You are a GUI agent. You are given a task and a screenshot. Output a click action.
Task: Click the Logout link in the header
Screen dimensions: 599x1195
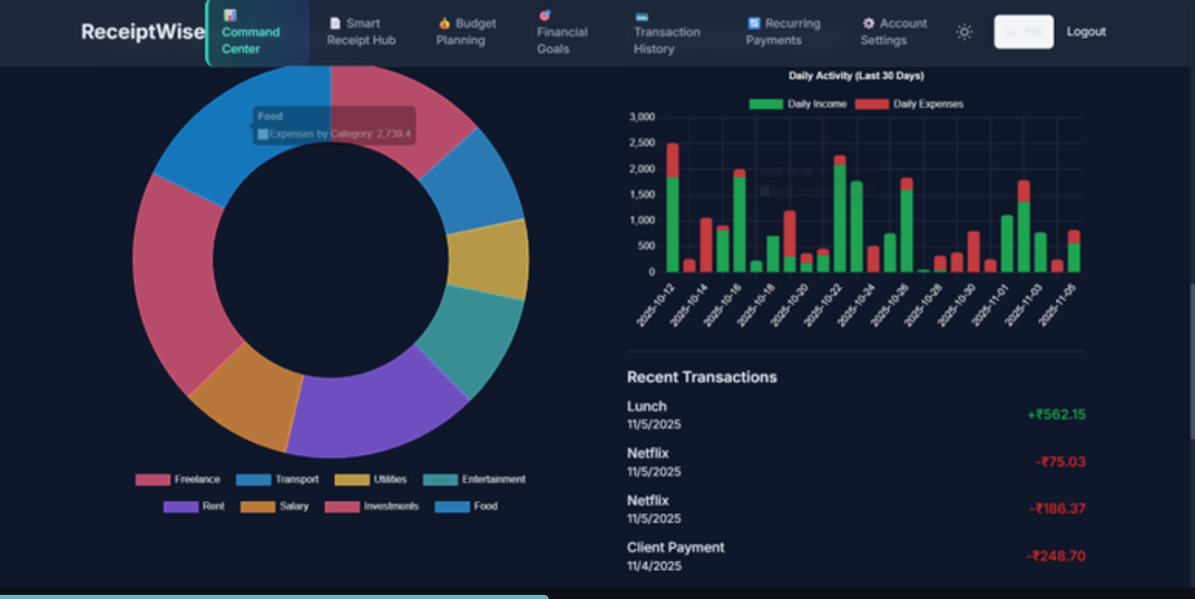pyautogui.click(x=1085, y=31)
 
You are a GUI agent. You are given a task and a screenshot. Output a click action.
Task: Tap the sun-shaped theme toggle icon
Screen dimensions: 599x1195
pyautogui.click(x=964, y=32)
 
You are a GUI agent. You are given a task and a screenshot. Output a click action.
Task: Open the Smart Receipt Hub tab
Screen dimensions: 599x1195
pyautogui.click(x=361, y=32)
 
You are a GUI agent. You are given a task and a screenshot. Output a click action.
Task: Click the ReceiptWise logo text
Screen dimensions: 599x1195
pyautogui.click(x=143, y=32)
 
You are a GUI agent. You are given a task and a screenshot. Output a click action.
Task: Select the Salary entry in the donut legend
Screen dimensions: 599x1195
pyautogui.click(x=275, y=507)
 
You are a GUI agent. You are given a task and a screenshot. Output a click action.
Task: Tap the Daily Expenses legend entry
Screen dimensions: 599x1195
pyautogui.click(x=909, y=104)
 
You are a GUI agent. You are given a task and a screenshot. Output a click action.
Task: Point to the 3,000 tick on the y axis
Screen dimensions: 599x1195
pyautogui.click(x=641, y=117)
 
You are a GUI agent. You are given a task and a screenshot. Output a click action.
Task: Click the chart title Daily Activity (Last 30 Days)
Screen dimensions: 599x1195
pyautogui.click(x=856, y=76)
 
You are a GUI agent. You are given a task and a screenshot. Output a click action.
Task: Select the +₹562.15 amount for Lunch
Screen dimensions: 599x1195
pyautogui.click(x=1056, y=414)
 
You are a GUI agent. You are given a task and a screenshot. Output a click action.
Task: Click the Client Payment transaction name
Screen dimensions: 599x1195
pyautogui.click(x=675, y=548)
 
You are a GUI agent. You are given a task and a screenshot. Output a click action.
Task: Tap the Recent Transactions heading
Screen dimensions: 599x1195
pyautogui.click(x=701, y=377)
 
